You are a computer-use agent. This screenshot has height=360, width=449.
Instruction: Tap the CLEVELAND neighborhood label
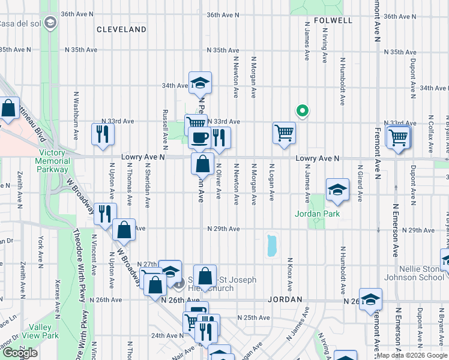coord(121,29)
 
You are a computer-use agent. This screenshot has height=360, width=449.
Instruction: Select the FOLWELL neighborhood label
coord(332,20)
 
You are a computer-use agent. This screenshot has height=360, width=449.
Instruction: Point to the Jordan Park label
coord(317,214)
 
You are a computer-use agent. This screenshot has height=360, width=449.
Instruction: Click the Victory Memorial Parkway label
coord(52,161)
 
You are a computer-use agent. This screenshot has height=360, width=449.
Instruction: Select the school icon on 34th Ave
coord(200,83)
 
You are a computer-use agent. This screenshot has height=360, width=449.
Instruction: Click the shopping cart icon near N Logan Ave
coord(284,133)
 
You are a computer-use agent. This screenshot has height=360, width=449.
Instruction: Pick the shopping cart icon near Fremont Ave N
coord(398,137)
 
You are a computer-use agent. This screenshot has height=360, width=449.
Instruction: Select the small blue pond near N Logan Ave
coord(271,245)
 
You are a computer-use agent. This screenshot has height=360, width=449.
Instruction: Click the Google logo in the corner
coord(20,353)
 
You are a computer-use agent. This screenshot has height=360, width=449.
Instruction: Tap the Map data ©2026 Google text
coord(412,355)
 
